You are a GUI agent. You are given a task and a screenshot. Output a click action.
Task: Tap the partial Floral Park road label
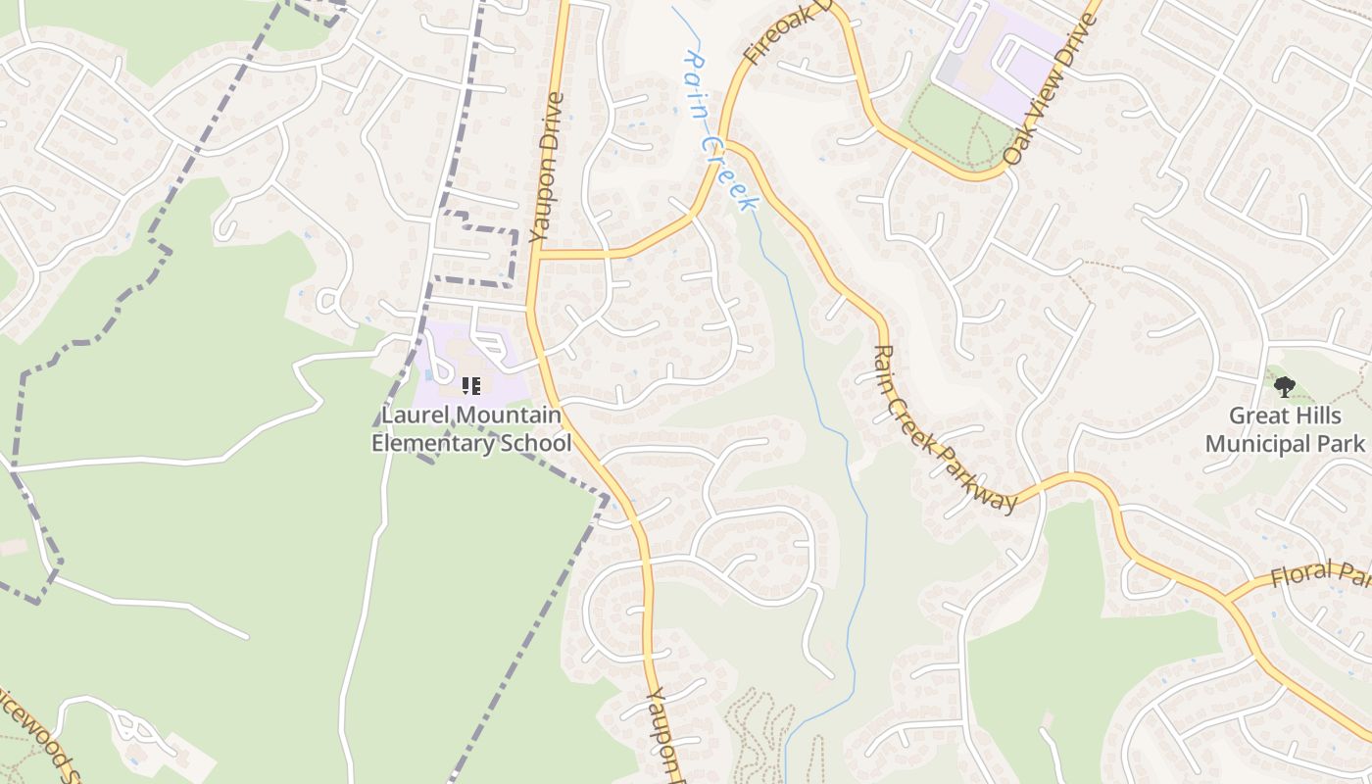click(1319, 574)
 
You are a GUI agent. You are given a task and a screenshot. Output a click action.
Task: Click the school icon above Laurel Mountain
click(471, 386)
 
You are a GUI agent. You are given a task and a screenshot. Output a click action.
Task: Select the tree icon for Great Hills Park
click(1284, 386)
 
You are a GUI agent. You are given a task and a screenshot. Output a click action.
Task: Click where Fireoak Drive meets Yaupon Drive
click(537, 254)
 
